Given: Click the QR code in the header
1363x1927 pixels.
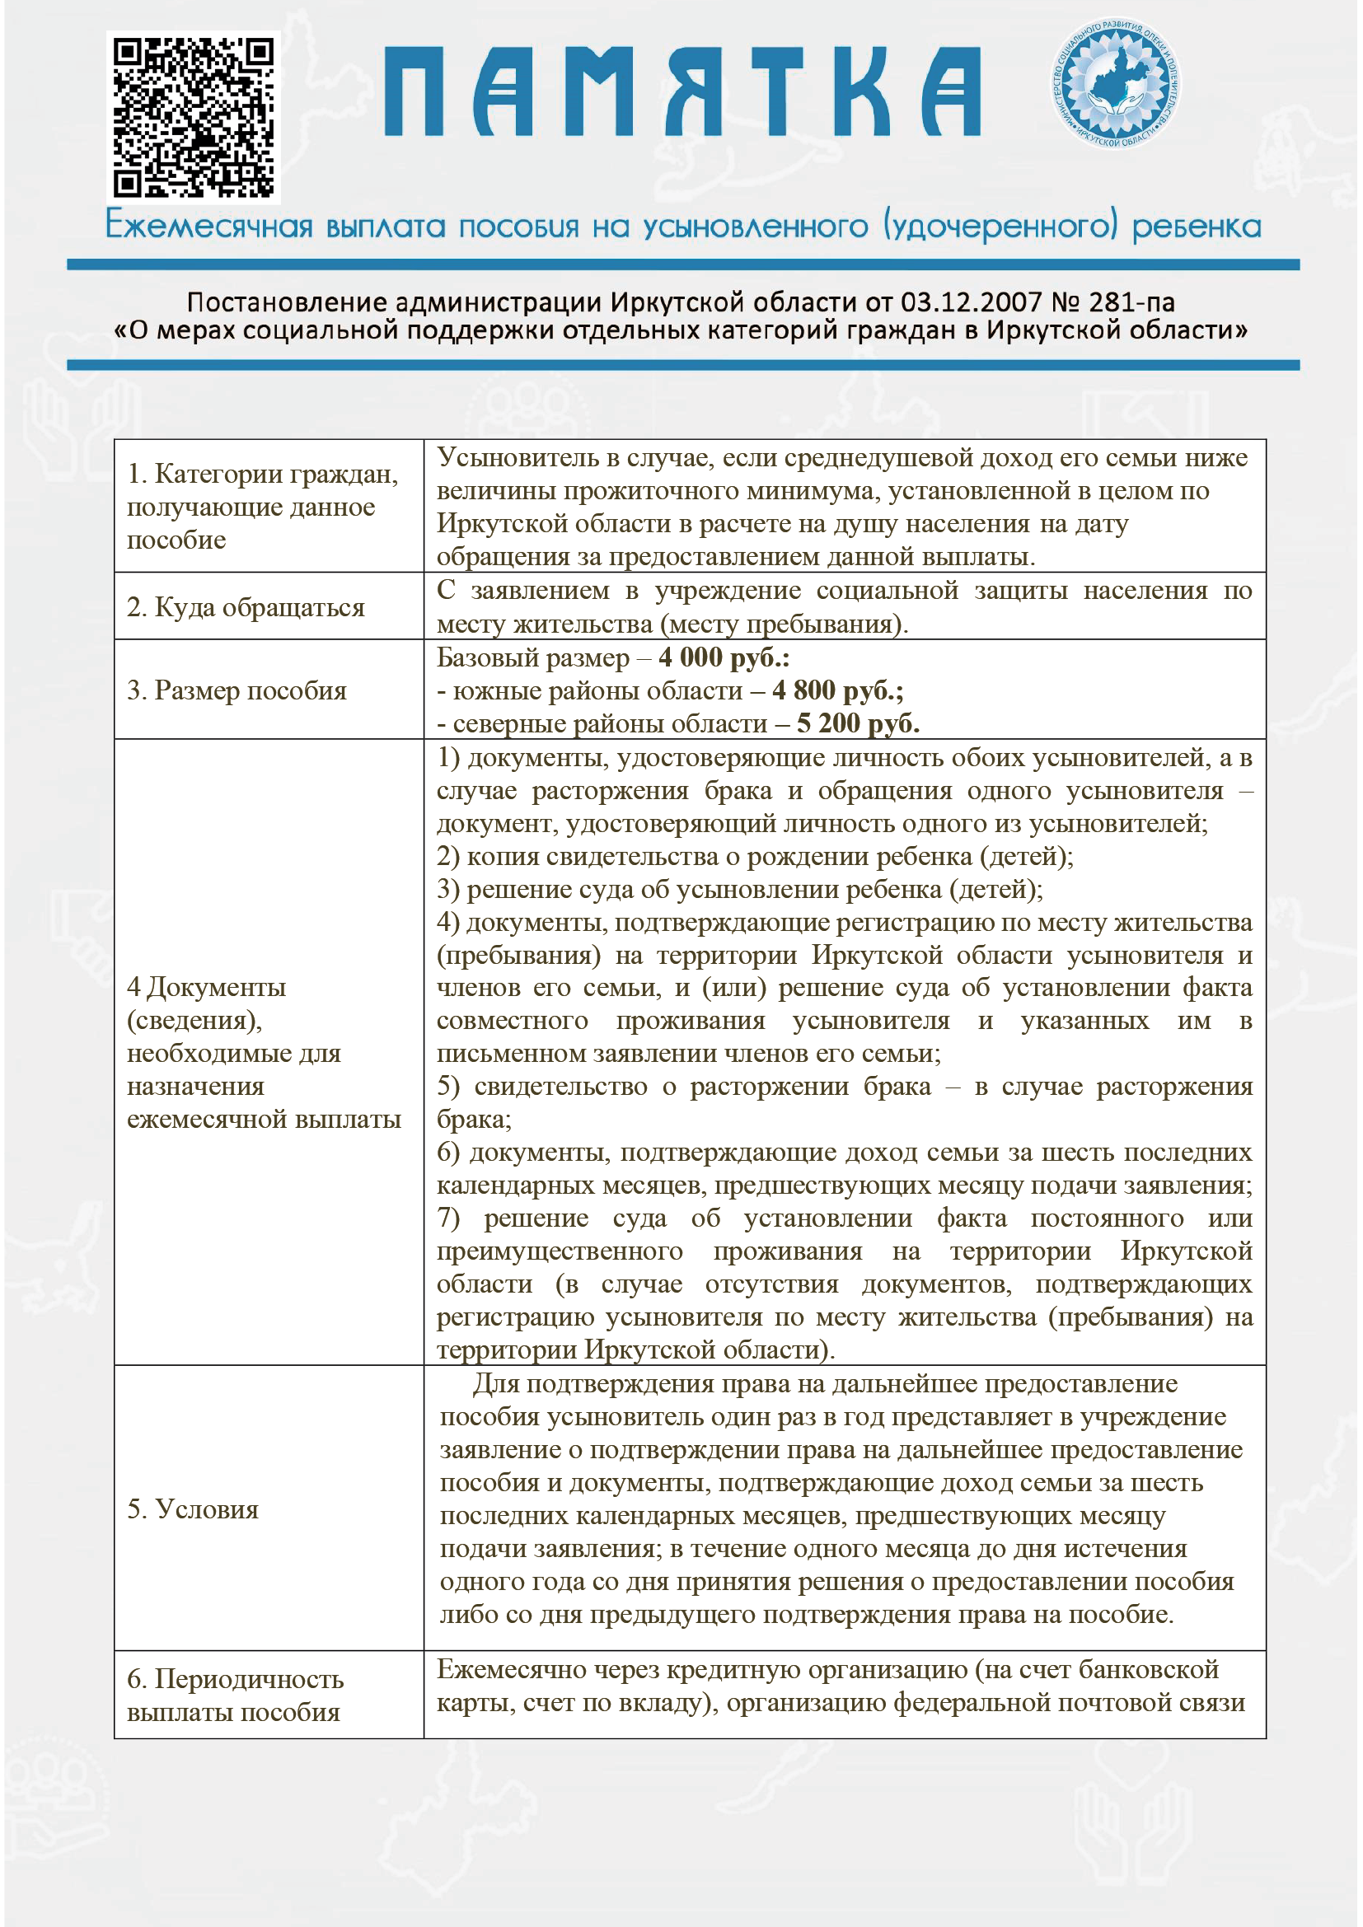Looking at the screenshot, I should point(194,117).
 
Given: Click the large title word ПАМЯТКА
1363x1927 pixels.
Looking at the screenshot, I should point(682,91).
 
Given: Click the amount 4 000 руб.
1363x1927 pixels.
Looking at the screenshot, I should point(724,657).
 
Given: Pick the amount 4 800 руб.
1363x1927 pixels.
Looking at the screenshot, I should point(837,690).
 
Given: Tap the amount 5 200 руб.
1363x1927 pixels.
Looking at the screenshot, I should point(858,723).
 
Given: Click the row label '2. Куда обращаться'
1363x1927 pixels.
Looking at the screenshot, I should point(246,607).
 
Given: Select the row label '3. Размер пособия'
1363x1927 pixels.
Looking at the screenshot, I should point(237,690).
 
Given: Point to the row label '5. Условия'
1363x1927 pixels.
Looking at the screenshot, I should point(193,1509).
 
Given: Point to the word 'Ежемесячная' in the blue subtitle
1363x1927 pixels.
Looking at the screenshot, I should point(209,227).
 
